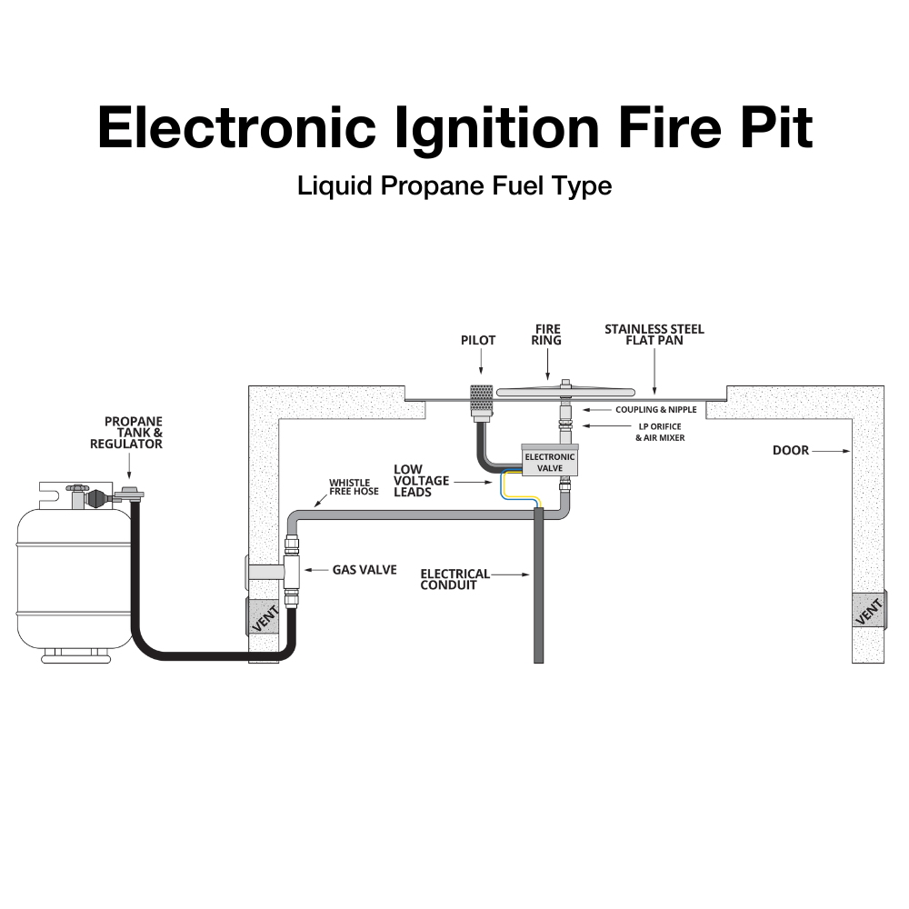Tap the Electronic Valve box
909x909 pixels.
pos(549,462)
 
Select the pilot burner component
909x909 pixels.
pos(480,401)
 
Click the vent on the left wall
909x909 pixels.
pos(263,616)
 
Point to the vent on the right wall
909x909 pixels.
pos(868,610)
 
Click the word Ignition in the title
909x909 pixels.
pos(497,126)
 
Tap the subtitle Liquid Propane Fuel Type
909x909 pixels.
pos(454,186)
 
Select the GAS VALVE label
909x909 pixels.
pos(364,570)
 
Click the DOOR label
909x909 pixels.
pos(790,450)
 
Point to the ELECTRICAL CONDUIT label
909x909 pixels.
pos(454,579)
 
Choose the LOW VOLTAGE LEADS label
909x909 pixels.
pos(421,480)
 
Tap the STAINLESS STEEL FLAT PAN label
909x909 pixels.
pos(654,335)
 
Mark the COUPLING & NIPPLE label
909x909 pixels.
pos(655,410)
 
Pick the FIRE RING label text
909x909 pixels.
pos(547,335)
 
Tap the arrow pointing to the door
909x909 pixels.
pos(830,450)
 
